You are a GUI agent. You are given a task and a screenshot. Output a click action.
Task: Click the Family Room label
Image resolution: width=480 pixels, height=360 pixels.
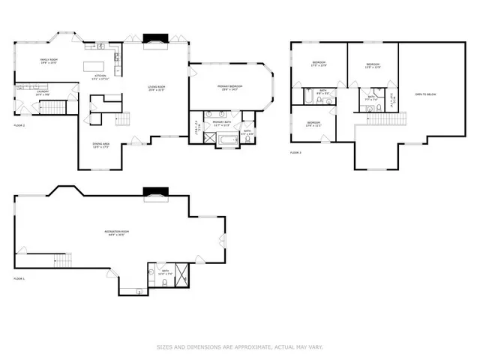point(48,60)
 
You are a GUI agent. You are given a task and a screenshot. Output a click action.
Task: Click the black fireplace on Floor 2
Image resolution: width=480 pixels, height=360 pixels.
point(154,39)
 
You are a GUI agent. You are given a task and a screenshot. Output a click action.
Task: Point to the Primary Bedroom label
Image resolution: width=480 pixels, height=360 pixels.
point(229,88)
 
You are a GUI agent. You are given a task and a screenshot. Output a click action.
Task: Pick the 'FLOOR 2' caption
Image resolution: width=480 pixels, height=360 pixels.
point(19,124)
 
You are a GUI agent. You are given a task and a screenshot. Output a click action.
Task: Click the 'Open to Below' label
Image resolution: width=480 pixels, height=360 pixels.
point(425,94)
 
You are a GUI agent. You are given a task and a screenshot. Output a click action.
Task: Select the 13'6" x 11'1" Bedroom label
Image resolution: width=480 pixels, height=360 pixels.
point(313,124)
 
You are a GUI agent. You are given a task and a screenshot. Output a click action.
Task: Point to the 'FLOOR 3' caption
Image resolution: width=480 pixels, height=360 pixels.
point(295,152)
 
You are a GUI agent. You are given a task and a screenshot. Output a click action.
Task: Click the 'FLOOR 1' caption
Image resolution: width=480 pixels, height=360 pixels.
point(19,278)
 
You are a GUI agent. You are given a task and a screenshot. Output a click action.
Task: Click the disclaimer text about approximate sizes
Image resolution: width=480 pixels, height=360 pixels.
point(239,346)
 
